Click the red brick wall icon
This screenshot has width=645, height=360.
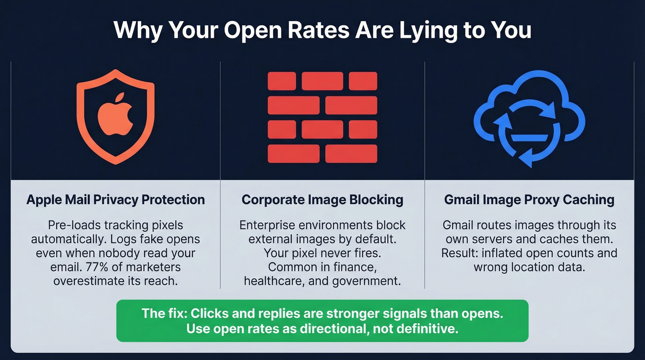[322, 117]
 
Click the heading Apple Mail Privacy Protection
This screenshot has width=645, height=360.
[116, 200]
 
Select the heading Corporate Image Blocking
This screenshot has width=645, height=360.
[322, 200]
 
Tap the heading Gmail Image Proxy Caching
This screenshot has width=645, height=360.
[529, 200]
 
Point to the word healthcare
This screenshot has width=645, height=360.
[270, 281]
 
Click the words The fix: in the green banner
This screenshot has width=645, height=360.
[164, 314]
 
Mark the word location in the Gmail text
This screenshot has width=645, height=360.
[525, 267]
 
